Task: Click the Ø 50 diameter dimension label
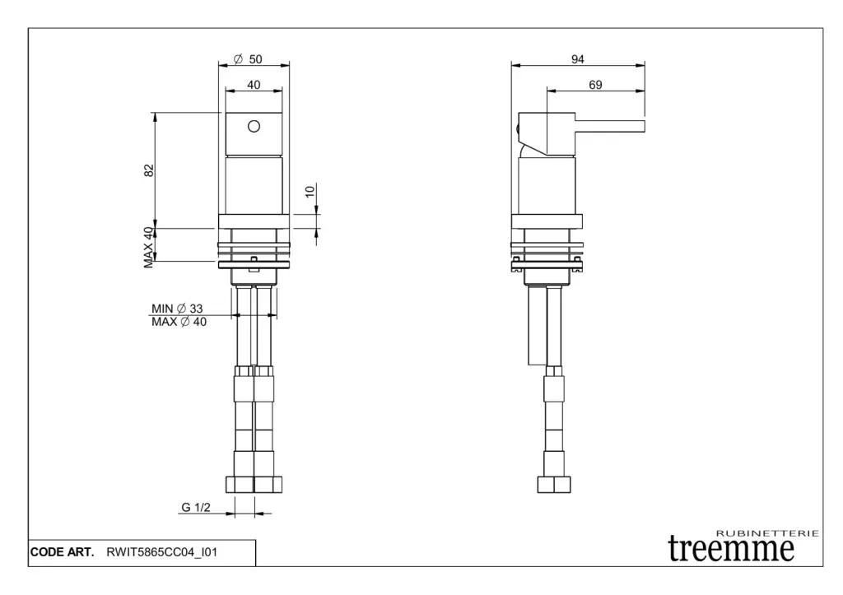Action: pyautogui.click(x=248, y=59)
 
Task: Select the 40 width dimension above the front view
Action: pyautogui.click(x=254, y=85)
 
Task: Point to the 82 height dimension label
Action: pyautogui.click(x=149, y=170)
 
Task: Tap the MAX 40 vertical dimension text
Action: pyautogui.click(x=148, y=247)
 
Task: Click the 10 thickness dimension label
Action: pyautogui.click(x=310, y=192)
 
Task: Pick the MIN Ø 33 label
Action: pyautogui.click(x=177, y=309)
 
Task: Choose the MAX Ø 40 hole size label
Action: pyautogui.click(x=179, y=322)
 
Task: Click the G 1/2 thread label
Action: pyautogui.click(x=196, y=507)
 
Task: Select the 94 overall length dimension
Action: pyautogui.click(x=577, y=59)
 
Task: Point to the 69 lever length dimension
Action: pyautogui.click(x=595, y=85)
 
